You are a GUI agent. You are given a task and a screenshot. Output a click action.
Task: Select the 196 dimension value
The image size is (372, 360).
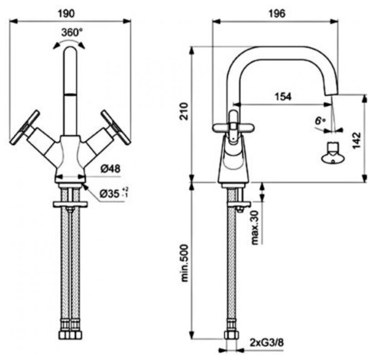276,14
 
